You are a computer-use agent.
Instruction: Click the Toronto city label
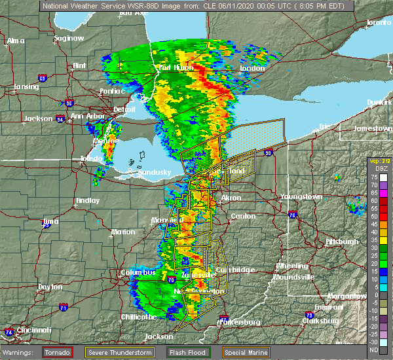coord(378,22)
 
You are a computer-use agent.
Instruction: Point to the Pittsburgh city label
coord(341,242)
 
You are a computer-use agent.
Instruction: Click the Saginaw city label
coord(69,38)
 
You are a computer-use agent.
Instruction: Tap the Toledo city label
coord(92,159)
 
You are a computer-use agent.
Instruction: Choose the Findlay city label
coord(87,200)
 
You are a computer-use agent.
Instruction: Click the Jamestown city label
coord(373,128)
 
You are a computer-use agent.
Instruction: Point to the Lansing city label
coord(26,86)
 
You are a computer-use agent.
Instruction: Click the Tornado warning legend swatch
coord(58,352)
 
